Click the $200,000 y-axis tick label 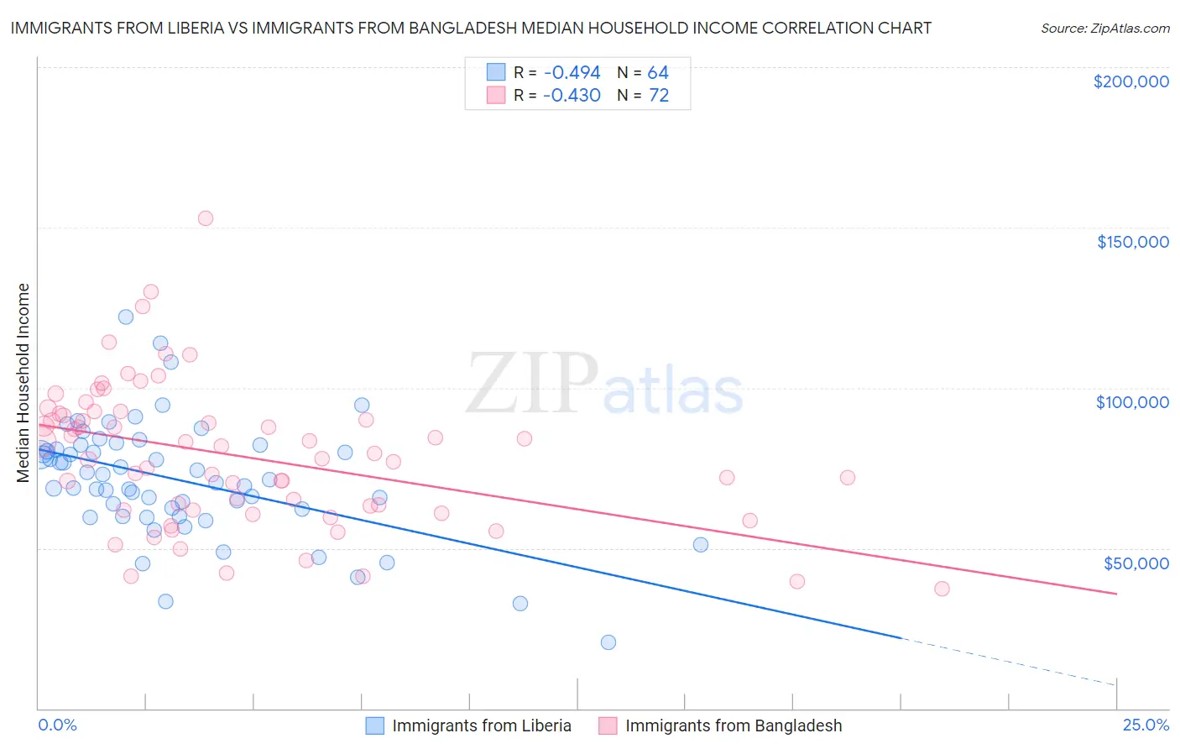[x=1130, y=81]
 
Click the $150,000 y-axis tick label [x=1132, y=242]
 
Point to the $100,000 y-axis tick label [x=1132, y=402]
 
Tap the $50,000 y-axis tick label [x=1136, y=563]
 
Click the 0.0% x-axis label [x=57, y=725]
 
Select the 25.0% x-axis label [x=1146, y=725]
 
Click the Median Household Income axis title [x=23, y=383]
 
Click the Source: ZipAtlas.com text [x=1104, y=28]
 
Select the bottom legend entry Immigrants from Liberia [x=481, y=725]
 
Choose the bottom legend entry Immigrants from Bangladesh [x=733, y=725]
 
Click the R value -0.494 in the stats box [x=572, y=73]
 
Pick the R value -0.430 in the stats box [x=572, y=96]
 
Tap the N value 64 [x=658, y=73]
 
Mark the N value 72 [x=659, y=96]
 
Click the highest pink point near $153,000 [x=206, y=218]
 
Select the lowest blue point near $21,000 [x=608, y=642]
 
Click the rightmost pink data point [x=942, y=589]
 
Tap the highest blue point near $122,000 [x=126, y=317]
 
